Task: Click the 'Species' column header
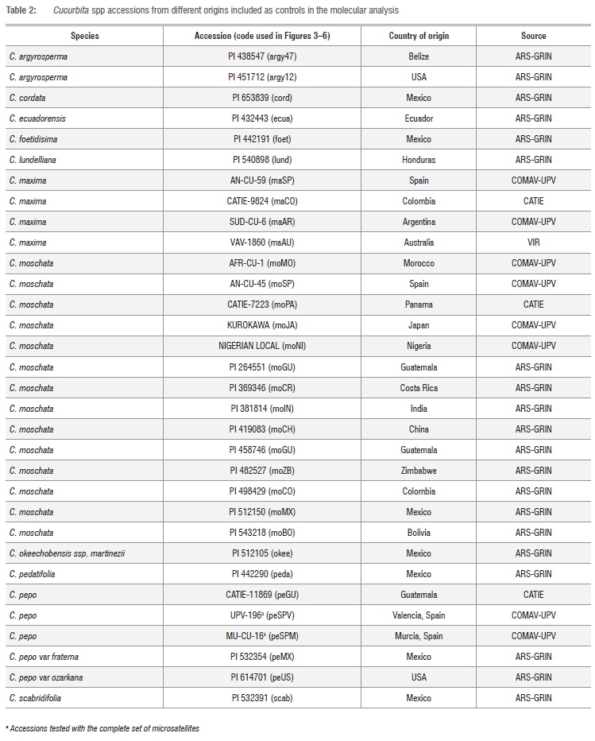(x=84, y=36)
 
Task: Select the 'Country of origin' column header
(x=419, y=36)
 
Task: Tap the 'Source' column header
(x=533, y=36)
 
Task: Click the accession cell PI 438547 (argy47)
(x=262, y=56)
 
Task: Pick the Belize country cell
(x=419, y=56)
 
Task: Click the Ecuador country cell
(x=419, y=118)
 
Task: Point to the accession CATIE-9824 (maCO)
(x=262, y=201)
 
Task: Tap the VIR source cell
(x=533, y=242)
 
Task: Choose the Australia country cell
(x=419, y=242)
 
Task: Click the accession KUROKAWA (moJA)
(x=262, y=325)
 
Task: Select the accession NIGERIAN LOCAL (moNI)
(x=262, y=346)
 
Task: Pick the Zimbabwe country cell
(x=419, y=471)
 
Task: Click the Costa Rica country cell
(x=419, y=388)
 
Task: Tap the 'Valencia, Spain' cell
(x=419, y=615)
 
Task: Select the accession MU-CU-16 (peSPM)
(x=262, y=636)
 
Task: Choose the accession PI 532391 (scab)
(x=262, y=698)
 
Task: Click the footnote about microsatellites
(x=102, y=728)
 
